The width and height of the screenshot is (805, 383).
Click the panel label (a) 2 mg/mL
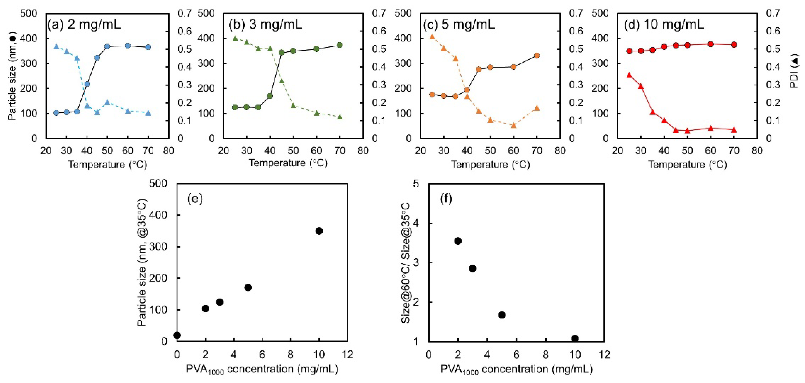point(84,24)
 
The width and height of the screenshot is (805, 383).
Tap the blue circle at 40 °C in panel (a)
point(87,84)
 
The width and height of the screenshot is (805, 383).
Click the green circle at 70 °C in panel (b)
point(340,45)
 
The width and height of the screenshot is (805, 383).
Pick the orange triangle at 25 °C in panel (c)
point(432,36)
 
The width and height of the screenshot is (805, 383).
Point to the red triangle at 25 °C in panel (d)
point(629,75)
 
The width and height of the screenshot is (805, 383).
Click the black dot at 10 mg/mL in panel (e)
point(319,231)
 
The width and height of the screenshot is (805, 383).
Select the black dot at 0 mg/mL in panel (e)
point(177,335)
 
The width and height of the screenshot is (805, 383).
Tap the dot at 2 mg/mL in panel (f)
point(458,241)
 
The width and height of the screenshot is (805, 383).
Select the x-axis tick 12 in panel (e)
point(347,355)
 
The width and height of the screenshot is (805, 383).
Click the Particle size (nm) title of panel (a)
point(12,77)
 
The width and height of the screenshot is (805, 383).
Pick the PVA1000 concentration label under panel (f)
point(516,369)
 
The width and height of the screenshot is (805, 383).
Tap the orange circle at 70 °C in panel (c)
point(537,56)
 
